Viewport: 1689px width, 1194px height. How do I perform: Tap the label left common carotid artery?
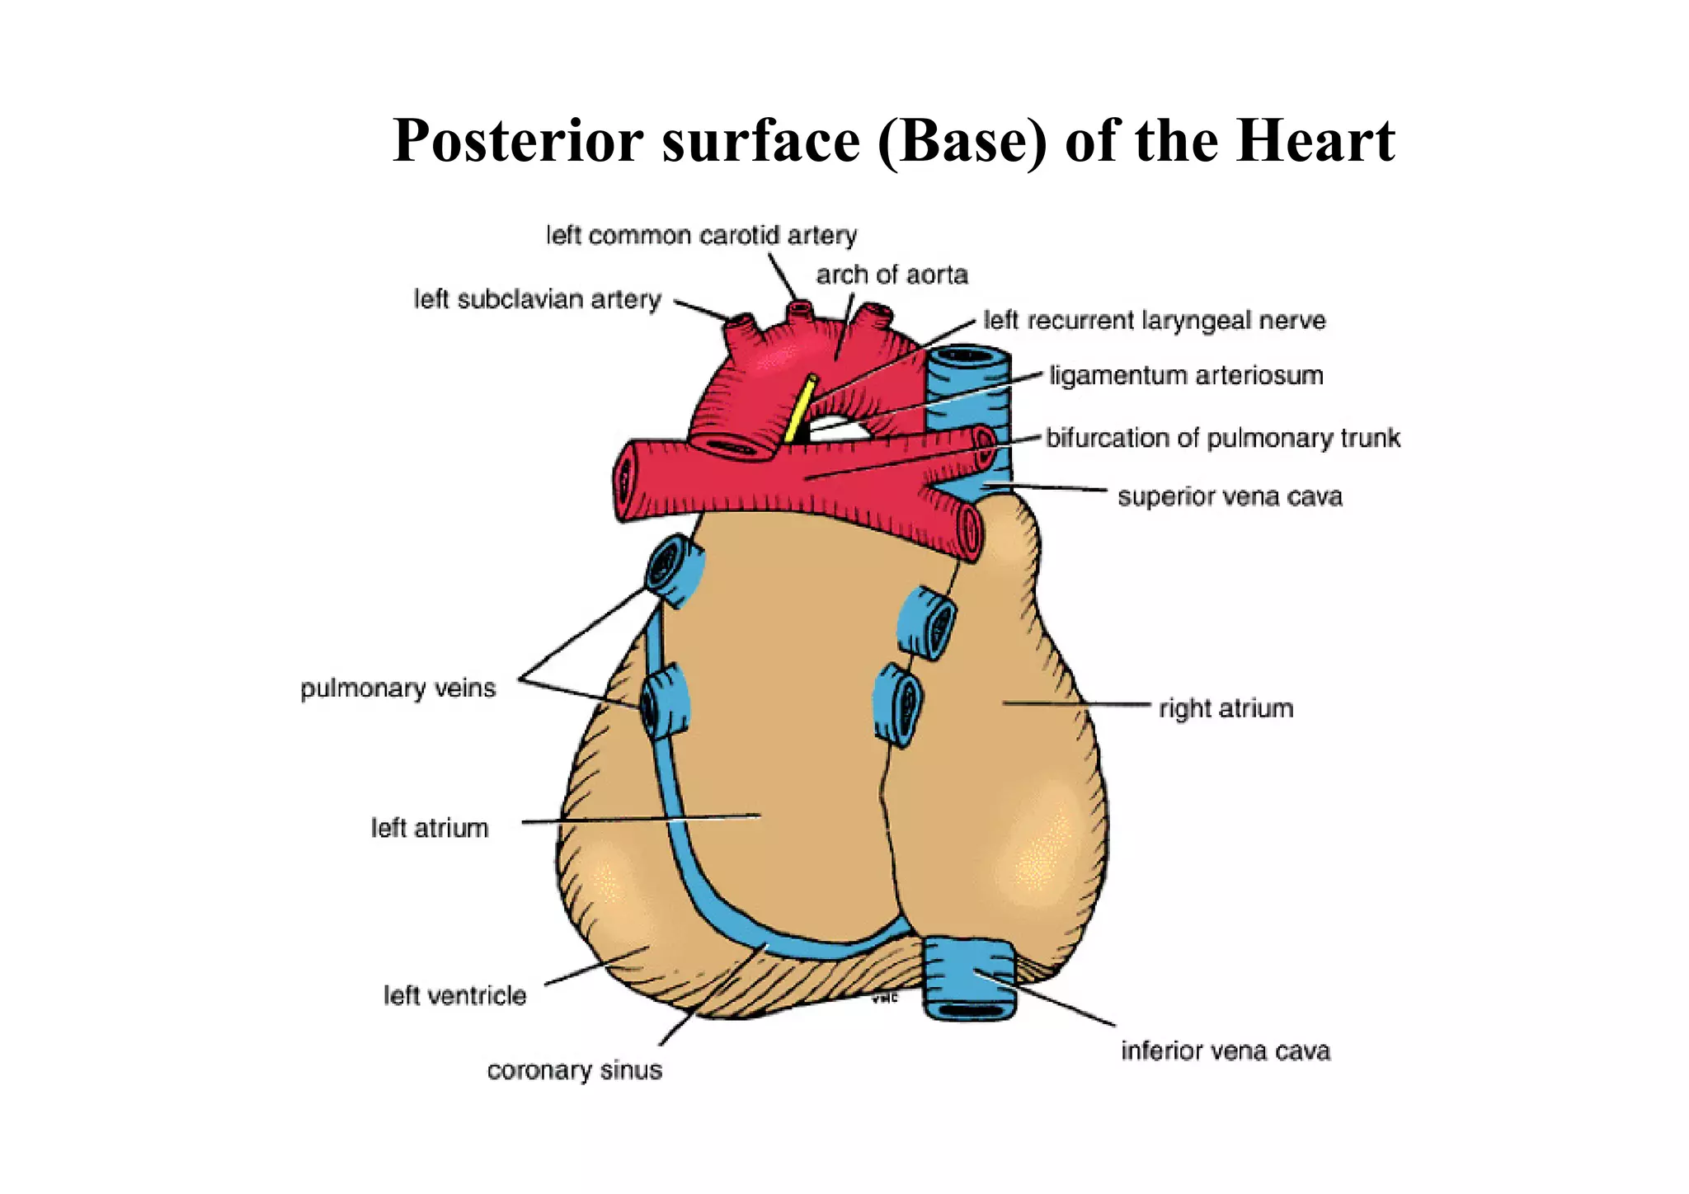tap(701, 236)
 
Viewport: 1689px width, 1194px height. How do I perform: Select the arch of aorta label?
tap(892, 275)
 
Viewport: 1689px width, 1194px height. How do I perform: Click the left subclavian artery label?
tap(537, 299)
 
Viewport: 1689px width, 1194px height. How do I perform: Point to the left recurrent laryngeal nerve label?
tap(1155, 320)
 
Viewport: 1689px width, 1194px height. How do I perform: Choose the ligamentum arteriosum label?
tap(1186, 376)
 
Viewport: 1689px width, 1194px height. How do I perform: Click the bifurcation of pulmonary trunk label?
tap(1223, 438)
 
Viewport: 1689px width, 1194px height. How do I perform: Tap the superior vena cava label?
tap(1230, 497)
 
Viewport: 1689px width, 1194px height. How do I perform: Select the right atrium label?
tap(1226, 708)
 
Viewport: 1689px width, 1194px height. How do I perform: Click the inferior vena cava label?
tap(1226, 1051)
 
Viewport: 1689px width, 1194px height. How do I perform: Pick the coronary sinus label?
tap(575, 1070)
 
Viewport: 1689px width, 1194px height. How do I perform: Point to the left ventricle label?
tap(454, 996)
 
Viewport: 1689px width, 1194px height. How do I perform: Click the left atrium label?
tap(430, 828)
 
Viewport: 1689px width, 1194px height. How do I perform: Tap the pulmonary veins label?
tap(398, 689)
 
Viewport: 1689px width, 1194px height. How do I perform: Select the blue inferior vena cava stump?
tap(968, 977)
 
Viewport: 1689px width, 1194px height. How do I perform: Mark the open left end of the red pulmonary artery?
tap(624, 482)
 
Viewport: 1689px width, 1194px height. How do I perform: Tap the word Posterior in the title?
tap(518, 140)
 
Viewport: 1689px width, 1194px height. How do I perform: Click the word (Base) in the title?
tap(962, 140)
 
